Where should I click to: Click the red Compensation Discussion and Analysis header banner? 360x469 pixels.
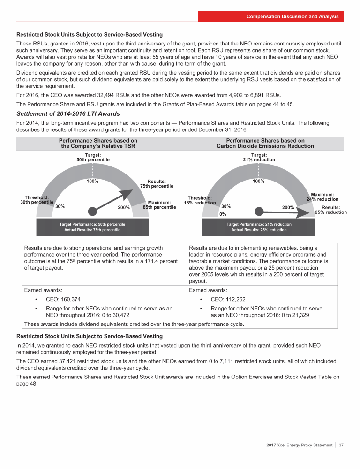271,16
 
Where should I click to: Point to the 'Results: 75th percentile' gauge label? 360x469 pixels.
157,183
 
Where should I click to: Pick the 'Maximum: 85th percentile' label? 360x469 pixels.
159,204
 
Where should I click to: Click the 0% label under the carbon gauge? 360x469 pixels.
223,214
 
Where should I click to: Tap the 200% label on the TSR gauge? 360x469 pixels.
124,208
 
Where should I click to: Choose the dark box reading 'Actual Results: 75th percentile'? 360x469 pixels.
92,230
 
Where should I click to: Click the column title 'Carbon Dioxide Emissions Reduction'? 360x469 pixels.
265,146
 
